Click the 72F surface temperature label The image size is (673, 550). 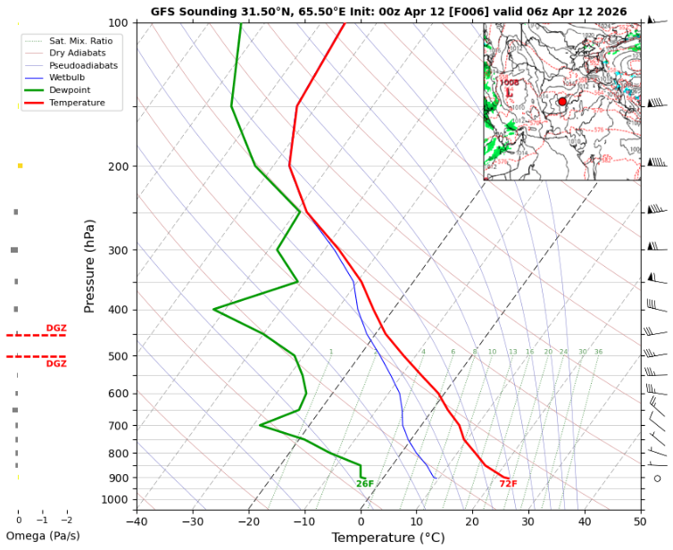508,484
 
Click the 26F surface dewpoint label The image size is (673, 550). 365,484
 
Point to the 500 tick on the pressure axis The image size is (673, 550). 117,356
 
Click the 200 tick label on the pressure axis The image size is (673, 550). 117,167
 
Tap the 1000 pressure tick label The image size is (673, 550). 114,499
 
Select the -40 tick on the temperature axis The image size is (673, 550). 137,521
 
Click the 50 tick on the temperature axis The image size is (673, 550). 640,521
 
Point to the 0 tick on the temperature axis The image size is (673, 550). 361,521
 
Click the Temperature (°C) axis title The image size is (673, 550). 388,537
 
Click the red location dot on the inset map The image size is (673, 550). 562,102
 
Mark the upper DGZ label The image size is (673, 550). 56,329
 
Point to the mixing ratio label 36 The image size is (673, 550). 598,352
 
